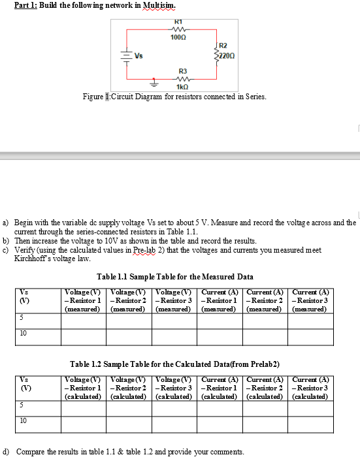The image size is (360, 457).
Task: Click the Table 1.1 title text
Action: [174, 277]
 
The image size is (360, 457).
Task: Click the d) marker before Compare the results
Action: [7, 451]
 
